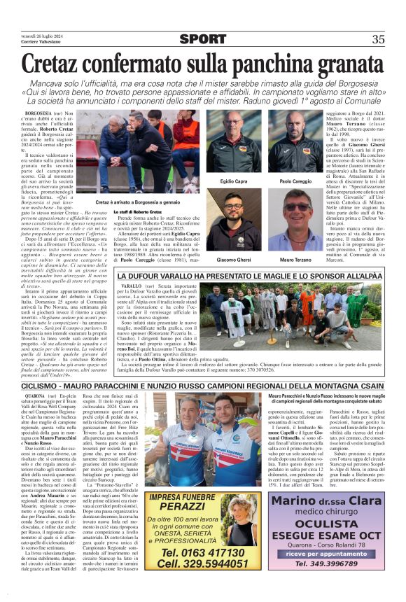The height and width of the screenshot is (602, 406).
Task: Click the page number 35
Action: click(378, 39)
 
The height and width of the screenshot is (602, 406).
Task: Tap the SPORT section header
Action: click(202, 39)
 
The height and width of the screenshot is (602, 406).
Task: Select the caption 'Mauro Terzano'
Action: click(295, 260)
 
